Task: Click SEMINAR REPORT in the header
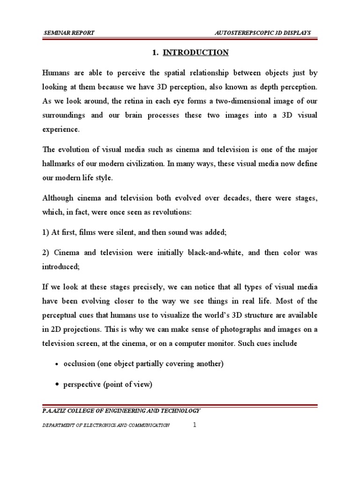point(68,32)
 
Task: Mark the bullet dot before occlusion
point(57,365)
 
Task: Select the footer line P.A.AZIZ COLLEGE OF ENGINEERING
point(122,411)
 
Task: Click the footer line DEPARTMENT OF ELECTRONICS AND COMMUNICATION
point(106,425)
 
